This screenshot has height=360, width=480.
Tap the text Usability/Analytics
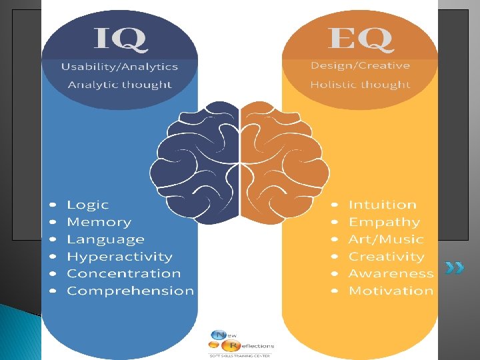(x=120, y=67)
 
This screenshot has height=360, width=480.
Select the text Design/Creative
(x=360, y=66)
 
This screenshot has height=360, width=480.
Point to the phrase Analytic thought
(x=120, y=85)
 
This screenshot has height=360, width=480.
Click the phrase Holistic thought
(x=360, y=85)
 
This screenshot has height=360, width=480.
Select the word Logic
(x=87, y=205)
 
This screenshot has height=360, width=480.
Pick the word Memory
(x=99, y=223)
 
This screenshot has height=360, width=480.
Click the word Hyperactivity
(x=119, y=257)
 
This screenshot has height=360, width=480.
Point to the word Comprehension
(x=131, y=291)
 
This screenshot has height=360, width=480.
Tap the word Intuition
(x=383, y=205)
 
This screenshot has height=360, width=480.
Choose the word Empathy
(x=385, y=223)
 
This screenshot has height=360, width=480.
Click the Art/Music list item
(x=386, y=239)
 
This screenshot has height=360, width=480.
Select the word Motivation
(x=391, y=291)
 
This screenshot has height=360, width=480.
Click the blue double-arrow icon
(x=455, y=269)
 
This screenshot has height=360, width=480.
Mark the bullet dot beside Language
(x=53, y=240)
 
